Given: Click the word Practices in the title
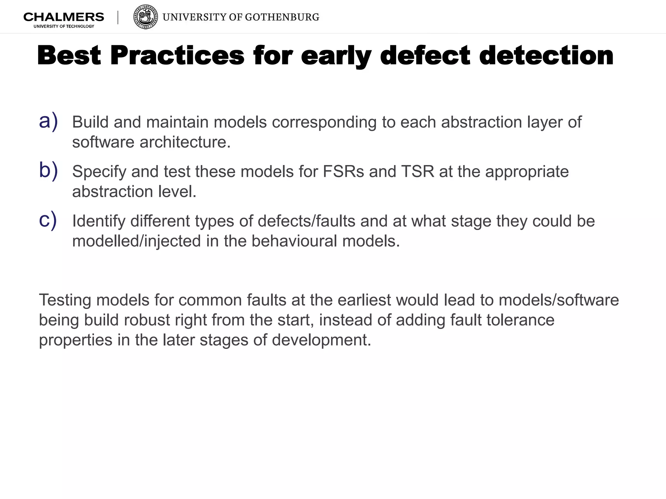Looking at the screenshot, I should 177,56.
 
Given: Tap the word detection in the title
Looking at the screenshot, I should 546,56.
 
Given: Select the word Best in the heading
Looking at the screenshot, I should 69,56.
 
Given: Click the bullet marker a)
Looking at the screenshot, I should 48,121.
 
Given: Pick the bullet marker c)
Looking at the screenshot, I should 48,220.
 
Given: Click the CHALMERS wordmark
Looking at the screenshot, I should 64,17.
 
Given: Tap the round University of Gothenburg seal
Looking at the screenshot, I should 146,17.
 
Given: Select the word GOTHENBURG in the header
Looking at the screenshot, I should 282,17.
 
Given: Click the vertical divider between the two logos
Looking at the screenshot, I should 118,18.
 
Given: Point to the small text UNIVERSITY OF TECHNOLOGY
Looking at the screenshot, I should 64,26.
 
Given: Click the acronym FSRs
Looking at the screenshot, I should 343,172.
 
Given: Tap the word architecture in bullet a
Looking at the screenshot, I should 185,142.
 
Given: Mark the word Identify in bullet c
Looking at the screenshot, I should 99,222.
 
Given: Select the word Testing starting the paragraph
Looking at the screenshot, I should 65,300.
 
